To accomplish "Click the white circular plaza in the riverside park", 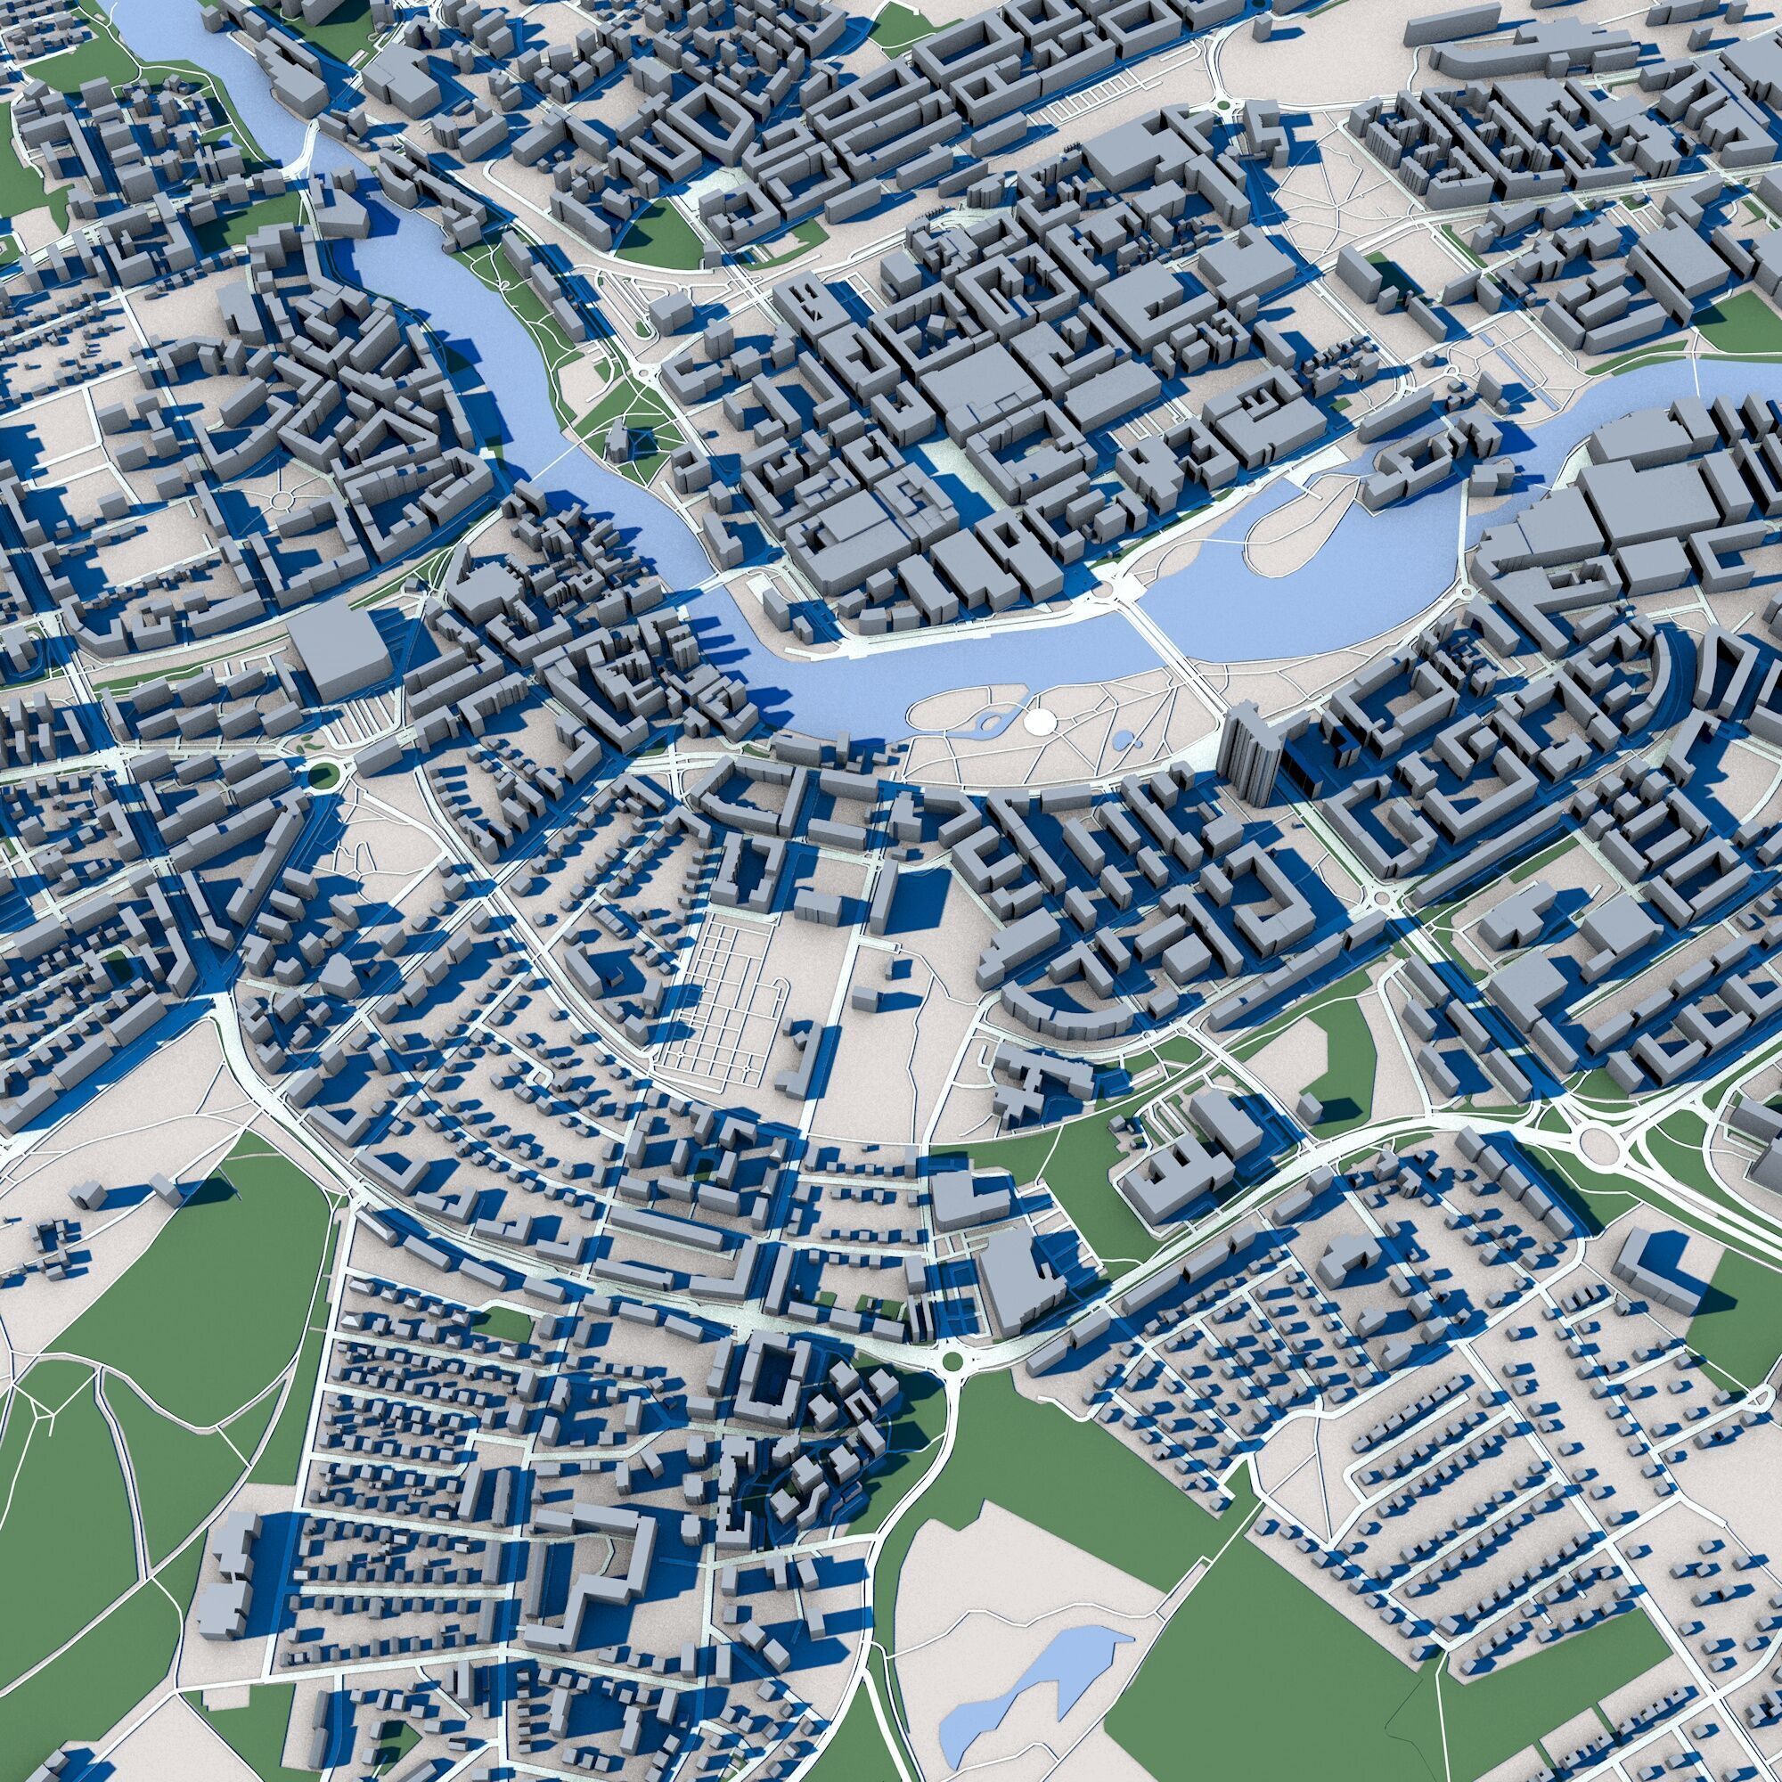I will [1041, 720].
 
